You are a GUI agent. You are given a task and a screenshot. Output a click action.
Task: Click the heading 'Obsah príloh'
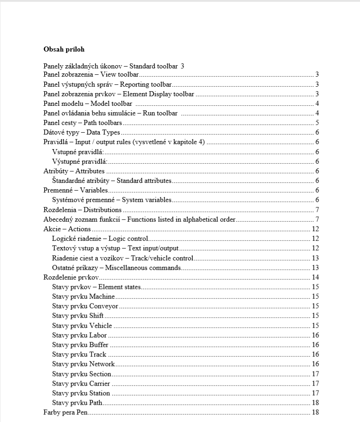click(64, 49)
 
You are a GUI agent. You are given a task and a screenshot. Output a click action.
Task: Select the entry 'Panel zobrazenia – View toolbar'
click(91, 74)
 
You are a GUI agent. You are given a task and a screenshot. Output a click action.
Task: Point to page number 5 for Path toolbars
click(317, 123)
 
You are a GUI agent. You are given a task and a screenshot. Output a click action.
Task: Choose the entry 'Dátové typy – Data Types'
click(81, 132)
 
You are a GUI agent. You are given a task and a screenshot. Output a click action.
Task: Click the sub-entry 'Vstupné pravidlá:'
click(79, 152)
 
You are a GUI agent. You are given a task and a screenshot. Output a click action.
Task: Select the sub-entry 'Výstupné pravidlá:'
click(80, 162)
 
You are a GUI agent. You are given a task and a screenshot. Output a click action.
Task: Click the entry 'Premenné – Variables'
click(75, 190)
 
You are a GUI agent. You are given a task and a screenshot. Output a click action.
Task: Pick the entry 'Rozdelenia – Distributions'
click(82, 210)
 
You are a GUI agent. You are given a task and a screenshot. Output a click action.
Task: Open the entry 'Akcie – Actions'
click(67, 229)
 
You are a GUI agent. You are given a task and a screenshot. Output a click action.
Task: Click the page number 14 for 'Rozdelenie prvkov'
click(315, 277)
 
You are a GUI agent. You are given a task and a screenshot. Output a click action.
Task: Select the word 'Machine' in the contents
click(102, 297)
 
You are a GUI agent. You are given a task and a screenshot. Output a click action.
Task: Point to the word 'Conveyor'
click(104, 306)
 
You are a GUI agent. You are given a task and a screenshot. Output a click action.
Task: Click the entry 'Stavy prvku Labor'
click(79, 335)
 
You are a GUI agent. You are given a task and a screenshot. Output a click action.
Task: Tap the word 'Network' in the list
click(102, 364)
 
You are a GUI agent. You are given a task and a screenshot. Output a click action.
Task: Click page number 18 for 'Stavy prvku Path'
click(315, 403)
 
